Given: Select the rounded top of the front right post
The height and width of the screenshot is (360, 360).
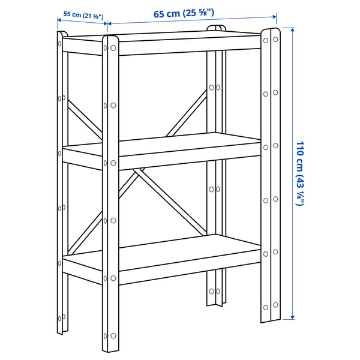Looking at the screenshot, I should [270, 30].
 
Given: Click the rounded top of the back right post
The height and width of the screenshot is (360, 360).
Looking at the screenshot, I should [217, 27].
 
